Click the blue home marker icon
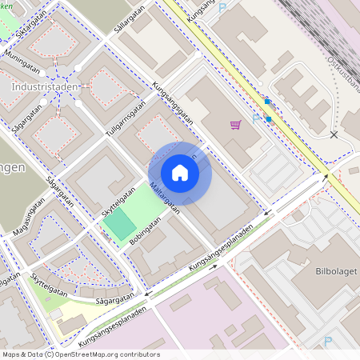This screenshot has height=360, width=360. [180, 173]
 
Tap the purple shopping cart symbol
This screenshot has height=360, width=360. [235, 124]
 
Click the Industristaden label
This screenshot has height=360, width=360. [45, 86]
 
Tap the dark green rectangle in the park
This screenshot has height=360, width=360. [121, 225]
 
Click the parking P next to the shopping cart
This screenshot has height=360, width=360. [256, 118]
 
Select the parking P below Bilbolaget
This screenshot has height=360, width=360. [326, 342]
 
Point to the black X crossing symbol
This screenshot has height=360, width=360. [334, 134]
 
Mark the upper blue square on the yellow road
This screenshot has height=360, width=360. [267, 102]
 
